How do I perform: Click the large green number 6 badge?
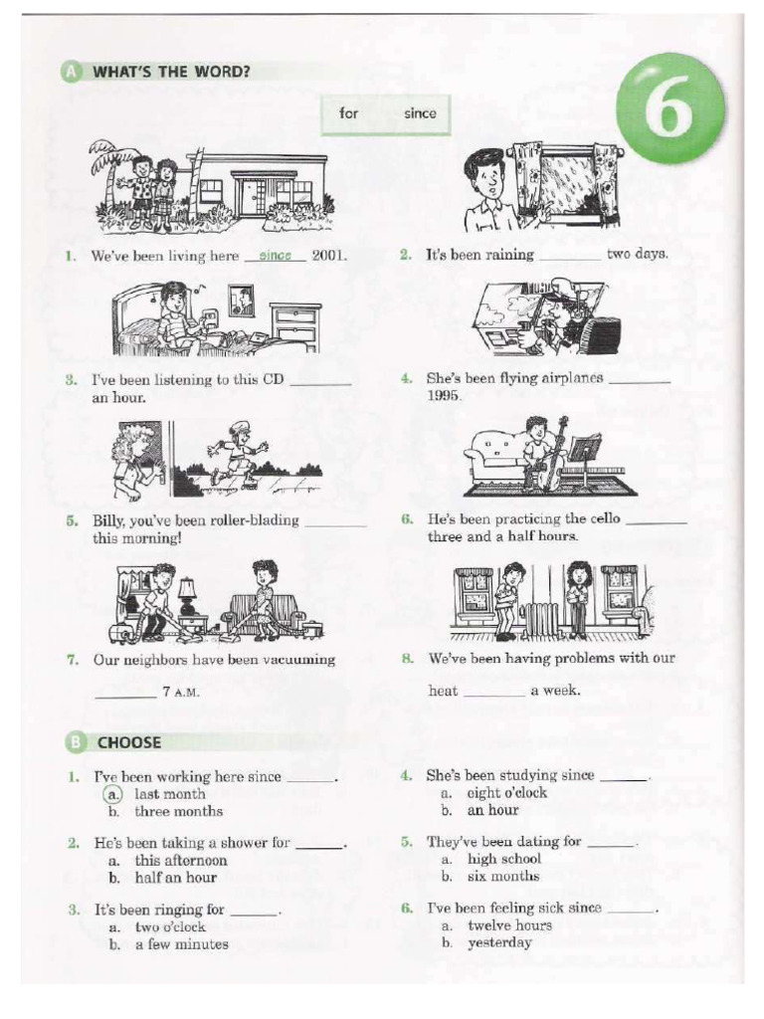point(669,109)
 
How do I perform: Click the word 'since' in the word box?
point(419,113)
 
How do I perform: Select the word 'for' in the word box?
point(348,113)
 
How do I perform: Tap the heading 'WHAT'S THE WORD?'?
point(170,72)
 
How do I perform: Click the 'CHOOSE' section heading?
point(128,742)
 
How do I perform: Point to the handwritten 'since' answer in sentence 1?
point(275,256)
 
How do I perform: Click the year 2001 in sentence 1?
point(328,256)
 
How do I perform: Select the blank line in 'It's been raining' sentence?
point(570,256)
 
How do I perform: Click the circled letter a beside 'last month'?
point(114,794)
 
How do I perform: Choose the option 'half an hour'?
point(175,878)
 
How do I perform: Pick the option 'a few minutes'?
point(181,944)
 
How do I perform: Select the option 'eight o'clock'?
point(507,793)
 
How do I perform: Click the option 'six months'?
point(503,877)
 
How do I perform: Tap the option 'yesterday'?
point(499,943)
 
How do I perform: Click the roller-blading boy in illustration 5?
point(235,453)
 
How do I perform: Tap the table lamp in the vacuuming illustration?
point(187,595)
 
